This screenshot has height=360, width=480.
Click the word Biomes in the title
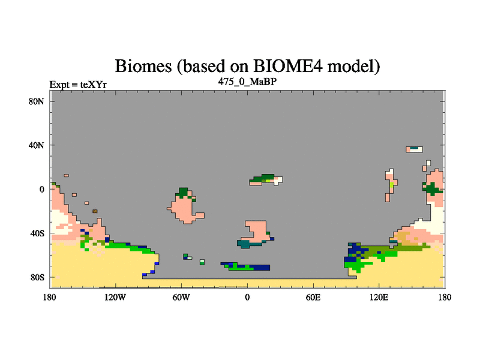(x=143, y=66)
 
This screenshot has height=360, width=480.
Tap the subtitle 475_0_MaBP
(x=247, y=82)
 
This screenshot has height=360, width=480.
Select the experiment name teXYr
(x=94, y=85)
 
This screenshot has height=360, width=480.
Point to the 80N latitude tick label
(x=37, y=101)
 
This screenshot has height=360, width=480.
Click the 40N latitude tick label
(x=37, y=145)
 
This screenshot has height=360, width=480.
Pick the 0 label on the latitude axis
(x=41, y=190)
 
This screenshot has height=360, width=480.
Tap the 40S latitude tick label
(x=37, y=233)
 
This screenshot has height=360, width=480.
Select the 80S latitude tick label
(x=37, y=278)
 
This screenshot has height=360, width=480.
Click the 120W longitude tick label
(x=115, y=297)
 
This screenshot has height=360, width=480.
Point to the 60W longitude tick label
(x=181, y=297)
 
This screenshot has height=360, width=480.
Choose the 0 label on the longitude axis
(x=247, y=297)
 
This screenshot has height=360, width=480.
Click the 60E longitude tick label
(x=313, y=297)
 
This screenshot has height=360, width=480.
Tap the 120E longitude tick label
(x=379, y=297)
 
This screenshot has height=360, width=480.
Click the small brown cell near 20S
(x=95, y=211)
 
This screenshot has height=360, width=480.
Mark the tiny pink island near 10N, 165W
(x=66, y=175)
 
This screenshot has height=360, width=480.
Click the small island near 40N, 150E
(x=414, y=149)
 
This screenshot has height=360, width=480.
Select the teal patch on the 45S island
(x=248, y=244)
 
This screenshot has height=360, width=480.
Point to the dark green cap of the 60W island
(x=183, y=193)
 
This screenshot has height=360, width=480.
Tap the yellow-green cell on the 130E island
(x=392, y=185)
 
